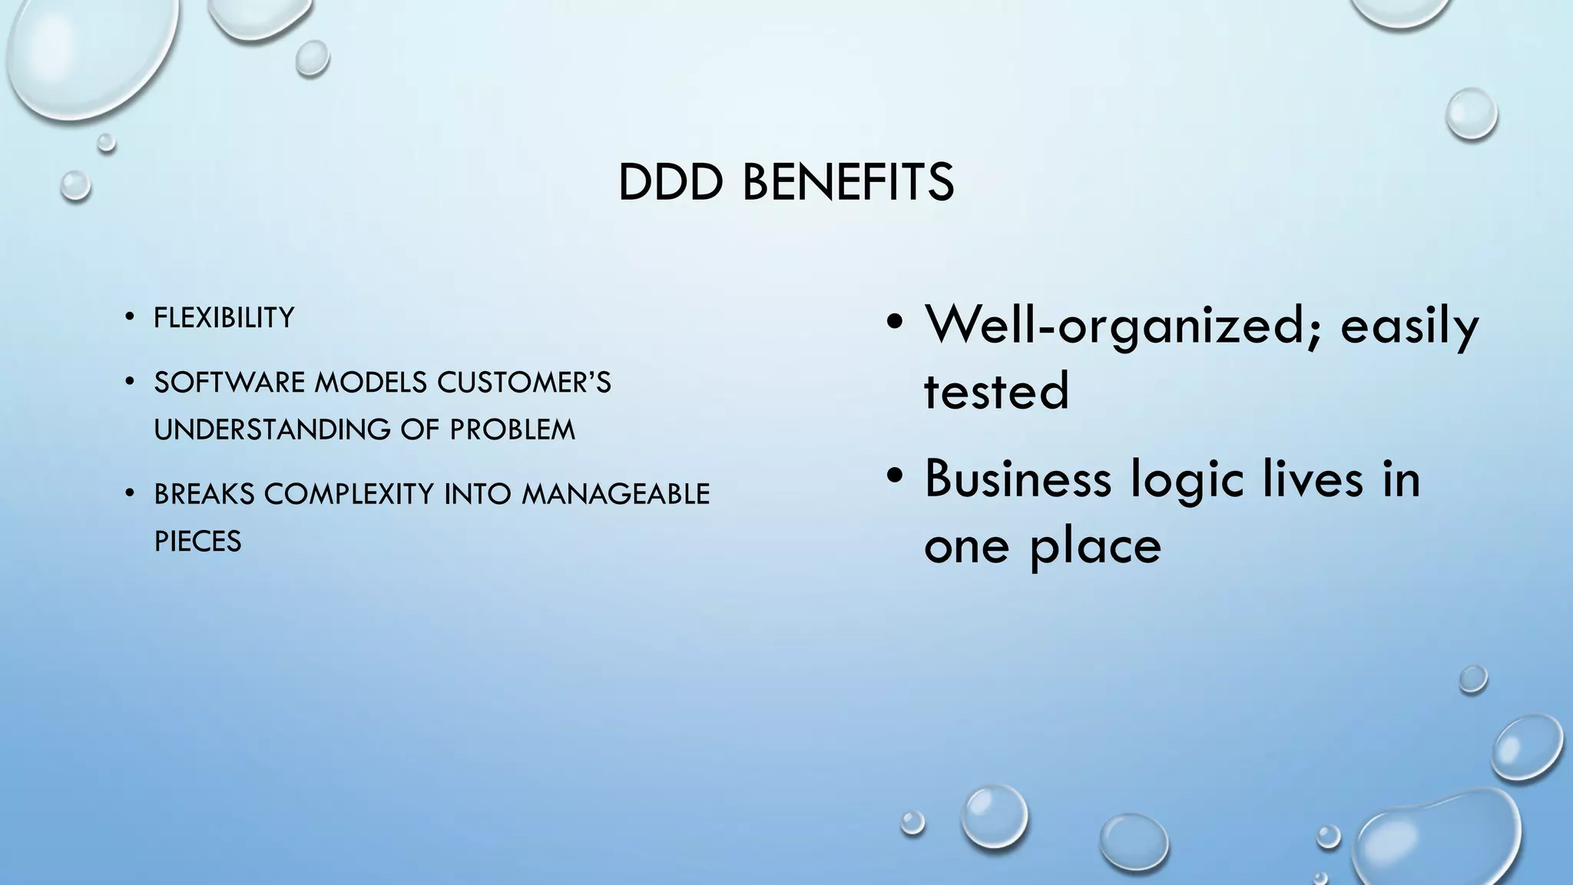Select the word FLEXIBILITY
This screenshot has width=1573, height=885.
tap(224, 317)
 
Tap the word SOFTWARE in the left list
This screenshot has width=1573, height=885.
tap(230, 382)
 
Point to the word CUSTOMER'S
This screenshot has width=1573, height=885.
tap(524, 382)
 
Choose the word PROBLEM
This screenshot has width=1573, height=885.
tap(512, 429)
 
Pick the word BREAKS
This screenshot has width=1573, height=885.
tap(204, 494)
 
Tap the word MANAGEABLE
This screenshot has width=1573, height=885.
tap(616, 494)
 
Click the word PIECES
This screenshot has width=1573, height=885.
tap(197, 542)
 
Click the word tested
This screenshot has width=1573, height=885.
tap(996, 390)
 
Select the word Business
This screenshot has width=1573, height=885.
tap(1018, 479)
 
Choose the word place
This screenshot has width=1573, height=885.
tap(1095, 546)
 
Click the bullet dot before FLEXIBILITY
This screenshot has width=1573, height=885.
tap(130, 317)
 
